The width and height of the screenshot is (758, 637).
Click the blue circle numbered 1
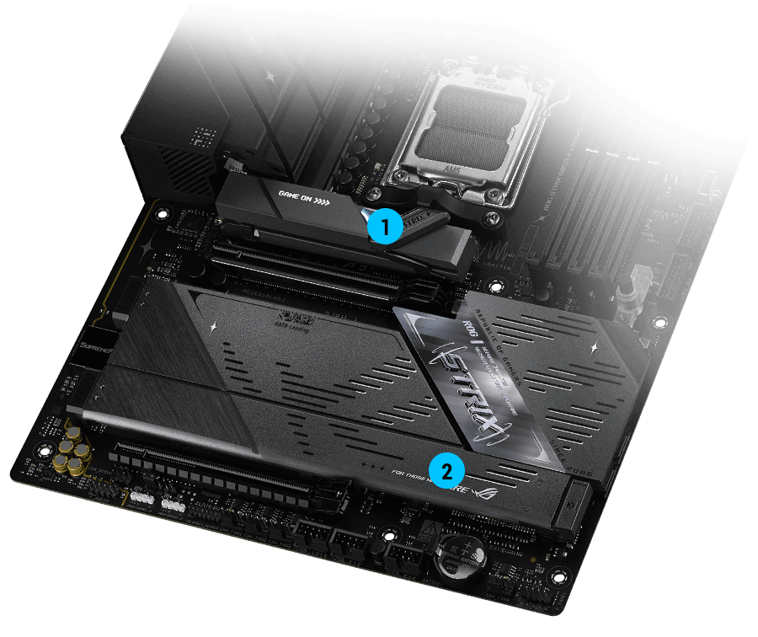383,227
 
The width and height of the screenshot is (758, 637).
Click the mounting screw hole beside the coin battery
392,535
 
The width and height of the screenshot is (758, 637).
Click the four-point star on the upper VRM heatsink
270,76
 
